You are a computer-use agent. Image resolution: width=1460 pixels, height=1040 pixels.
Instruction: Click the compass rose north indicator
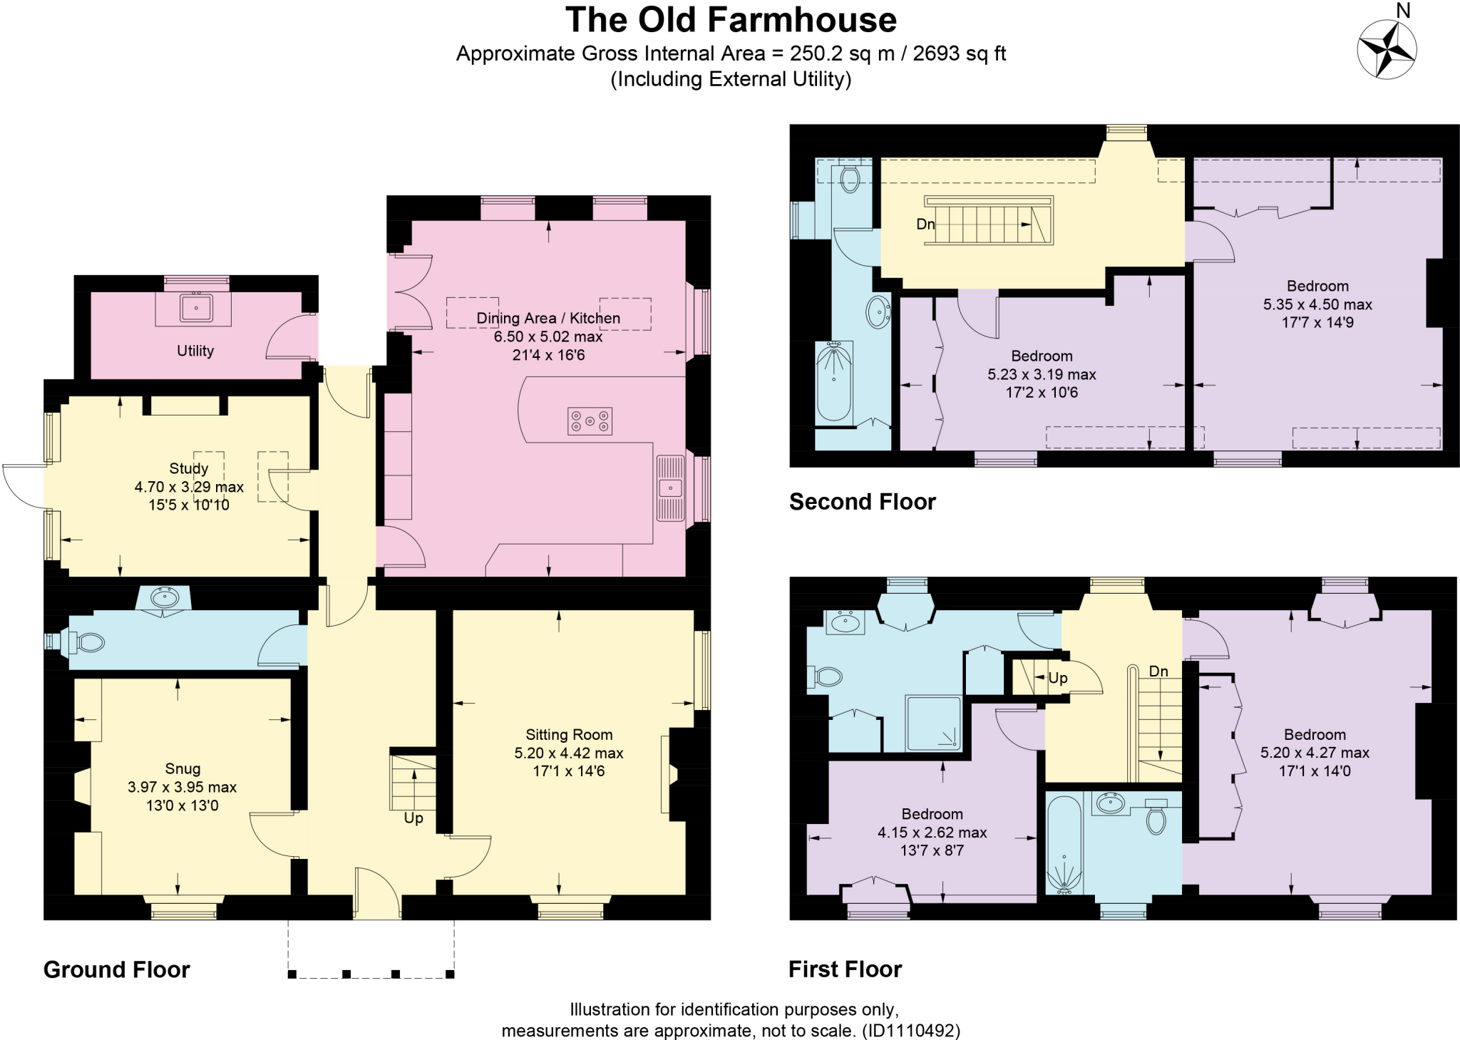coord(1386,48)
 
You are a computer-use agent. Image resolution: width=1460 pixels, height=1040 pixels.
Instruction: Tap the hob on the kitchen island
coord(590,421)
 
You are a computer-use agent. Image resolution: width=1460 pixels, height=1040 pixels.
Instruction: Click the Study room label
coord(189,468)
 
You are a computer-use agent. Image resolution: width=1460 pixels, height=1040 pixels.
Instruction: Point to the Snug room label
coord(182,768)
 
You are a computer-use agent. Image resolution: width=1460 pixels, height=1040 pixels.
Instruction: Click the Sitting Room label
coord(569,734)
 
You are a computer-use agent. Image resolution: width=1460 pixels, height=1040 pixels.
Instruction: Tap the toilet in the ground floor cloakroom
coord(90,642)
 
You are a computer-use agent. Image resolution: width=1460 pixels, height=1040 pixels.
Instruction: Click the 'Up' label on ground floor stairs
coord(413,818)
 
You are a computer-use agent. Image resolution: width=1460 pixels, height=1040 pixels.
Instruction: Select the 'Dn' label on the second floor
coord(925,224)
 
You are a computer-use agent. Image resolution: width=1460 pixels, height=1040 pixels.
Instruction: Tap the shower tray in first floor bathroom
coord(933,723)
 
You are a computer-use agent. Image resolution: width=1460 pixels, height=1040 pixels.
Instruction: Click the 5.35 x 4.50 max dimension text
coord(1317,304)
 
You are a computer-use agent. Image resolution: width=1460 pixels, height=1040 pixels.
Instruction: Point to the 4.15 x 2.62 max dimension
coord(932,832)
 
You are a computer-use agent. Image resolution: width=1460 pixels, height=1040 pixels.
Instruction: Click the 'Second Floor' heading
coord(862,502)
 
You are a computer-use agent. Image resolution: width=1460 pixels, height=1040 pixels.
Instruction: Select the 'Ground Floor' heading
coord(117,969)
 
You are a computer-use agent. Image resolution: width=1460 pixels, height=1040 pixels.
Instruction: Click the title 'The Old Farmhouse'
coord(731,20)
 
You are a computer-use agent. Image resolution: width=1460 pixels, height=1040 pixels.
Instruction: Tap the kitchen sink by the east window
coord(670,488)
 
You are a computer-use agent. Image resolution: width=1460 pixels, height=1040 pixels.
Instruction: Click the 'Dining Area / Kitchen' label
coord(548,318)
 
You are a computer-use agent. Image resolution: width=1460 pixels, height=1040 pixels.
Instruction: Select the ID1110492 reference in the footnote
coord(910,1031)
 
